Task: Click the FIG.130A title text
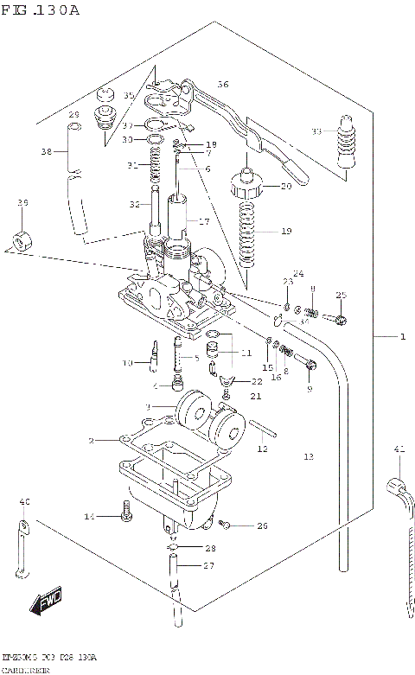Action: click(41, 10)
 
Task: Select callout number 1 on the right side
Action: click(401, 336)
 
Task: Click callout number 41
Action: click(399, 449)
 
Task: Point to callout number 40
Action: click(24, 502)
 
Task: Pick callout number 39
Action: click(22, 202)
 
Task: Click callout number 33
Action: click(316, 131)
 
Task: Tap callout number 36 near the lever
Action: click(223, 85)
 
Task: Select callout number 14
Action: click(88, 516)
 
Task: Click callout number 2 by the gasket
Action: click(91, 441)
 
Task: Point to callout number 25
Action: click(341, 296)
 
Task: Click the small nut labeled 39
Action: click(21, 237)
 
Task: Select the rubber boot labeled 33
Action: click(346, 143)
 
